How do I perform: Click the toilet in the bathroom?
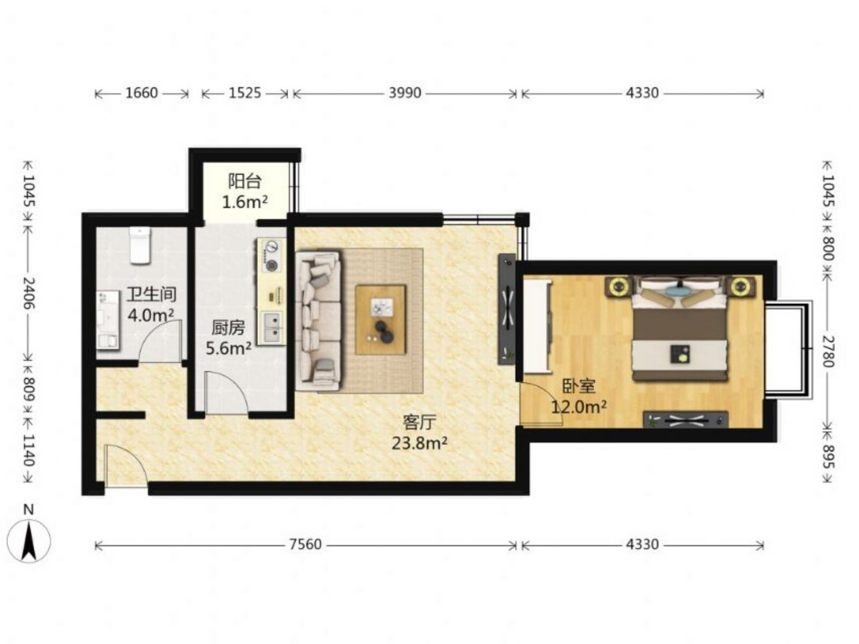pos(140,245)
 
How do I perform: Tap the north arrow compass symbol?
pos(28,541)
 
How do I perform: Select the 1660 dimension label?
pos(141,93)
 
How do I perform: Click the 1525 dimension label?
pos(244,93)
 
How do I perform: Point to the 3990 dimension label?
pos(405,93)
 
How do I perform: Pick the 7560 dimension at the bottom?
pos(305,544)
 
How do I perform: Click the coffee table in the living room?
pos(380,320)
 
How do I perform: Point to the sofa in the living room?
pos(317,320)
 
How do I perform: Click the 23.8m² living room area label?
pos(420,443)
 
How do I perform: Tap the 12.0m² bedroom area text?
pos(579,407)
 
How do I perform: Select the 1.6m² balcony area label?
pos(245,202)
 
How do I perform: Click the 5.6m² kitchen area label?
pos(228,348)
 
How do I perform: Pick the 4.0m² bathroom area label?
pos(151,314)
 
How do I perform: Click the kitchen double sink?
pos(272,326)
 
